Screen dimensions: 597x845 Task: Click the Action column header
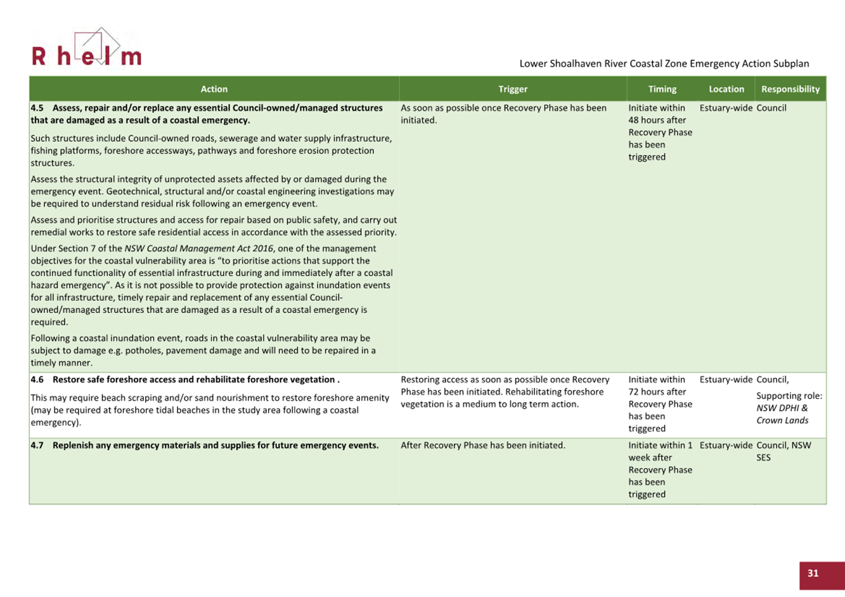214,89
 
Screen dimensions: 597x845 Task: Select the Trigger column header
513,89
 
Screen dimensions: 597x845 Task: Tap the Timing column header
662,89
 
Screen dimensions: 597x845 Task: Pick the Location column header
726,89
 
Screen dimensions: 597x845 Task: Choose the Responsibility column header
790,89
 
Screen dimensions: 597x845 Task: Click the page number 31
813,573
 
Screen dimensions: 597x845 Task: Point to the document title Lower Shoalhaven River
664,63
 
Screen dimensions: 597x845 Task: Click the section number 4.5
37,108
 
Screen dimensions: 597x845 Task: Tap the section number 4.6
37,380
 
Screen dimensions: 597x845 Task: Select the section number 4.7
37,446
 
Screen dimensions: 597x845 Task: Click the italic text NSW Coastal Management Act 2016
198,248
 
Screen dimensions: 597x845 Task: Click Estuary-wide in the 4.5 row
726,108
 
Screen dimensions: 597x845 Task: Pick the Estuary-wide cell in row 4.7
726,446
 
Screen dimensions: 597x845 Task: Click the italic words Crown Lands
782,421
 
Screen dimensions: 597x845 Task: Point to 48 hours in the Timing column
647,120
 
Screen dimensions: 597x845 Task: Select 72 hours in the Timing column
647,392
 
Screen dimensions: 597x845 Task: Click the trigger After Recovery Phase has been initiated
482,446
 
